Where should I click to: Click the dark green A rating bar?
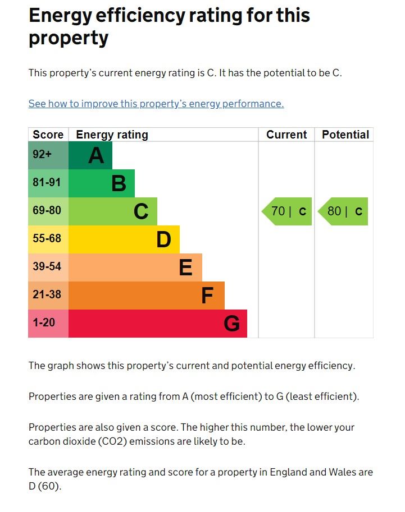tap(90, 155)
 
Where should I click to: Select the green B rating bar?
tap(102, 183)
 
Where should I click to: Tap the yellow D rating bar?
tap(124, 239)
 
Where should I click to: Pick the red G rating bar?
tap(158, 324)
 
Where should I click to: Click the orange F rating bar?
tap(147, 296)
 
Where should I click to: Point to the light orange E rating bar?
tap(135, 267)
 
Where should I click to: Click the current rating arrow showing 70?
tap(287, 211)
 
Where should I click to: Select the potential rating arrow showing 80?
tap(343, 211)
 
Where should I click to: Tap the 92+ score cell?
tap(48, 155)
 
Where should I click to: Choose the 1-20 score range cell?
tap(48, 324)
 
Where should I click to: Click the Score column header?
tap(48, 135)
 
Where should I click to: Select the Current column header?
tap(286, 135)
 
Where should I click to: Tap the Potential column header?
tap(345, 135)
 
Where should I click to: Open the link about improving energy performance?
tap(156, 104)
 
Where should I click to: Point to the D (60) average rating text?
tap(44, 486)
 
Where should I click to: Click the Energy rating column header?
tap(112, 135)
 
